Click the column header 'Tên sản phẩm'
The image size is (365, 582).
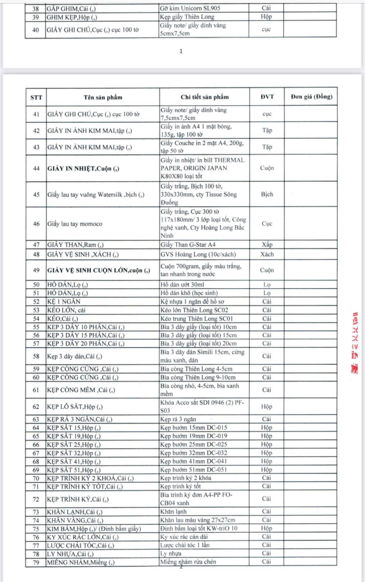(102, 97)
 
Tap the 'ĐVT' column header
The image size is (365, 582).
(267, 97)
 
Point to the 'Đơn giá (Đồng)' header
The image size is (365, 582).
(311, 97)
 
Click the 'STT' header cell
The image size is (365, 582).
(36, 97)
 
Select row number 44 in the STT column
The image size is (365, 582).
(36, 168)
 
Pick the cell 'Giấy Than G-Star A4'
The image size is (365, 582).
(189, 244)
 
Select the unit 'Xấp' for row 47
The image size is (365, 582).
(267, 244)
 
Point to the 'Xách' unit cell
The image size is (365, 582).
(267, 254)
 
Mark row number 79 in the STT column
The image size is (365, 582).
(36, 562)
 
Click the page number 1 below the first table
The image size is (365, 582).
(181, 51)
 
